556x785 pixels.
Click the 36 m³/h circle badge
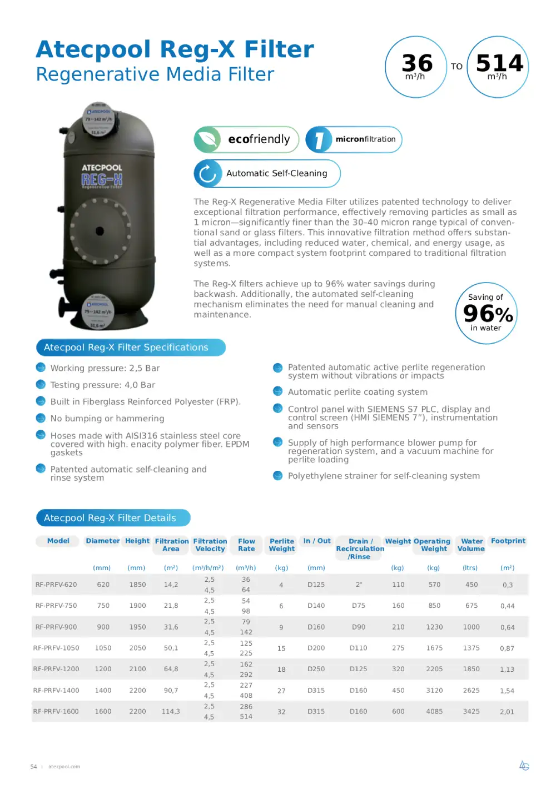point(416,67)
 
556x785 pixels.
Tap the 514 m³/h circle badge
point(498,67)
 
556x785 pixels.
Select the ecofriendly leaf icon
point(207,139)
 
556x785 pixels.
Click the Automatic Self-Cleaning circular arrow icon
point(207,173)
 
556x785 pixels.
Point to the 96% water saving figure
point(488,314)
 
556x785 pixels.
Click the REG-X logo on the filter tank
point(102,179)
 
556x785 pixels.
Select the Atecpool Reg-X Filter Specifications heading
point(126,348)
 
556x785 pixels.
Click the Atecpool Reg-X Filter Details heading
point(110,518)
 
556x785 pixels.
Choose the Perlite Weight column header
point(282,545)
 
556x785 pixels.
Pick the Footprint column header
point(508,541)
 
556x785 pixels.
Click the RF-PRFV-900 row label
point(56,627)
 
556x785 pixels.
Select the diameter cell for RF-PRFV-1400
point(103,690)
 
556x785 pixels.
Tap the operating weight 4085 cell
point(434,711)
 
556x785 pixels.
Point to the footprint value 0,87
point(507,648)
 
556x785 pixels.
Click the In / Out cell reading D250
point(316,669)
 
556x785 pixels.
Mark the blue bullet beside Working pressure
point(41,368)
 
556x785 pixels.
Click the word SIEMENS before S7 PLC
point(387,409)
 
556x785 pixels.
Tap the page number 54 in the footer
point(33,767)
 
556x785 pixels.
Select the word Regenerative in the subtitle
point(98,74)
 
